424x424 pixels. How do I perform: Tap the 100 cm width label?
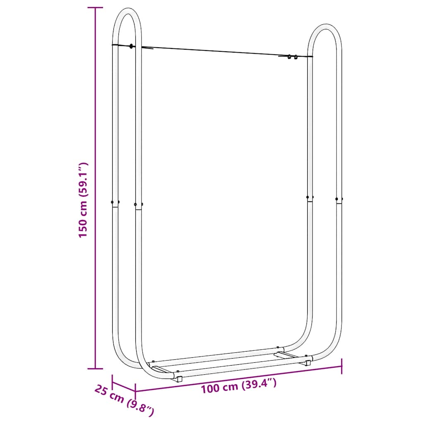click(x=239, y=387)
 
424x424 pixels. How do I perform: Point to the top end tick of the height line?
click(x=96, y=8)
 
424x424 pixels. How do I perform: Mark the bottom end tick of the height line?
click(x=96, y=368)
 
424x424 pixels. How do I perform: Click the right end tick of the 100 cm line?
click(x=342, y=366)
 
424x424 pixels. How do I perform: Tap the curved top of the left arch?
click(x=127, y=12)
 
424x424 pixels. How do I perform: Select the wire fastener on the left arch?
click(x=131, y=46)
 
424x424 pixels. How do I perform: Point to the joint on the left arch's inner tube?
click(x=138, y=205)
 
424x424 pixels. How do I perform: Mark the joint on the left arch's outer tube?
click(x=115, y=202)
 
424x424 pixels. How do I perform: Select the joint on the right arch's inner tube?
click(x=310, y=197)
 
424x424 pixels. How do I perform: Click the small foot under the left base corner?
click(x=179, y=379)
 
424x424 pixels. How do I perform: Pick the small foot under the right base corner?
click(x=307, y=363)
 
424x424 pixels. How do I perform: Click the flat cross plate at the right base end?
click(x=286, y=355)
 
